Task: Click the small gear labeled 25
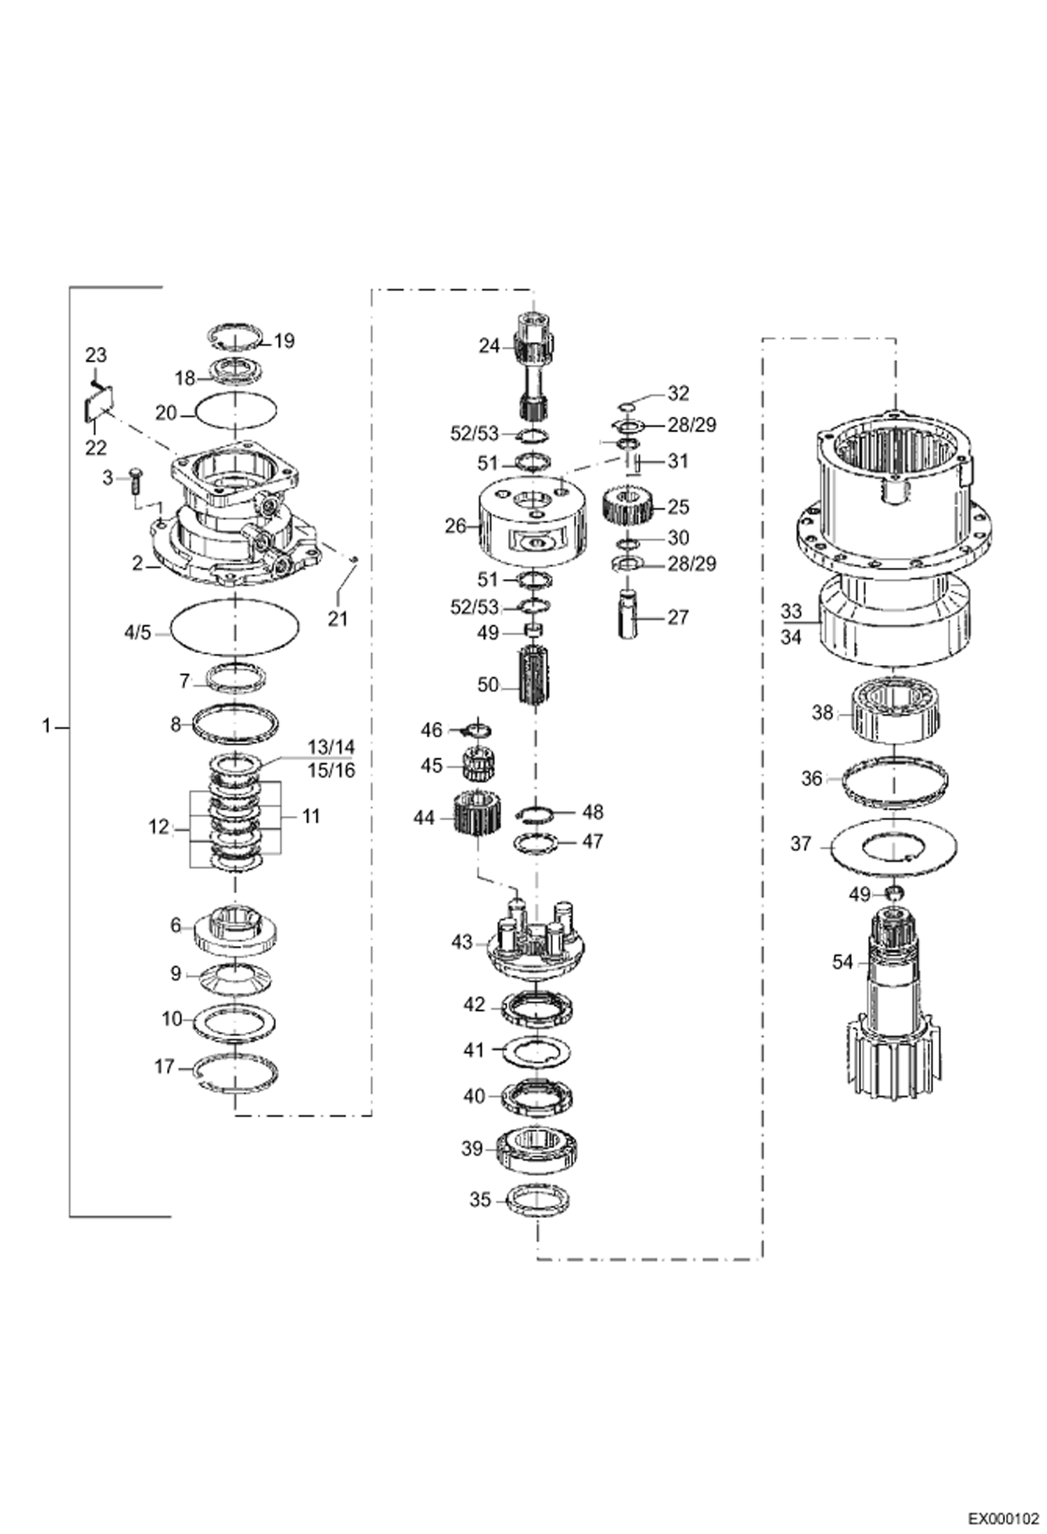[x=627, y=506]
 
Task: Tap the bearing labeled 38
[x=897, y=712]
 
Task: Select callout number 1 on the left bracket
[x=46, y=727]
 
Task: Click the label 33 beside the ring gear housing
[x=791, y=611]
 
